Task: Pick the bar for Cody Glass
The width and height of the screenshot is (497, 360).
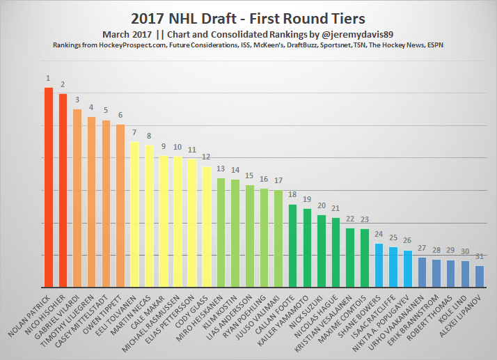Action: point(207,226)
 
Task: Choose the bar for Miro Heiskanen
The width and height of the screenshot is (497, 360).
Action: point(221,233)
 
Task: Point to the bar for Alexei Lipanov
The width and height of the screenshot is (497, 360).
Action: point(480,276)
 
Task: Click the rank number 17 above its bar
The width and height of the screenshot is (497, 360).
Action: point(278,180)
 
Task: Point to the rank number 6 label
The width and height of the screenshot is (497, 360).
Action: point(120,115)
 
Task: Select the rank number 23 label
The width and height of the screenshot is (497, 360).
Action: point(365,219)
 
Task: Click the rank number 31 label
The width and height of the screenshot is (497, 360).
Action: point(480,256)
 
